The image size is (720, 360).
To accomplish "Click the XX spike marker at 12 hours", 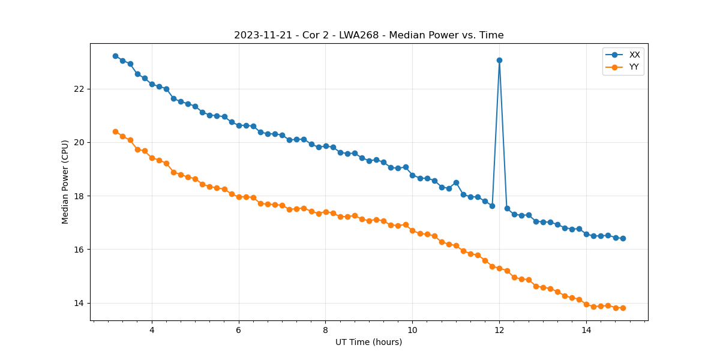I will click(x=499, y=60).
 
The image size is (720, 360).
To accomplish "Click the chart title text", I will click(x=368, y=35).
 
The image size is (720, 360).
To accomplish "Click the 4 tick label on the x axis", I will click(x=152, y=330).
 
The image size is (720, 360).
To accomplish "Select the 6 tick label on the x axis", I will click(x=239, y=330).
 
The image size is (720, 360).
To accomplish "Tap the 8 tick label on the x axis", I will click(x=325, y=330).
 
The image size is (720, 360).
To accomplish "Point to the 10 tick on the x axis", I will click(x=412, y=330).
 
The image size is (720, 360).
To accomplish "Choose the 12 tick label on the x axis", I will click(x=499, y=330).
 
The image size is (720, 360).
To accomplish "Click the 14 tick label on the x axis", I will click(x=586, y=330).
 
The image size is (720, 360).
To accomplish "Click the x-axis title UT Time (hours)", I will click(x=368, y=342).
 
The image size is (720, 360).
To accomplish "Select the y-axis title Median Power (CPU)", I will click(x=65, y=182).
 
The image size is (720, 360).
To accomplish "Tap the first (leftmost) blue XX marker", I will click(x=115, y=56).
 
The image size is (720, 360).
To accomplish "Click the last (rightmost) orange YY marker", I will click(x=623, y=308).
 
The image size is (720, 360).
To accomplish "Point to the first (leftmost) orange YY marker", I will click(x=115, y=131).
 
